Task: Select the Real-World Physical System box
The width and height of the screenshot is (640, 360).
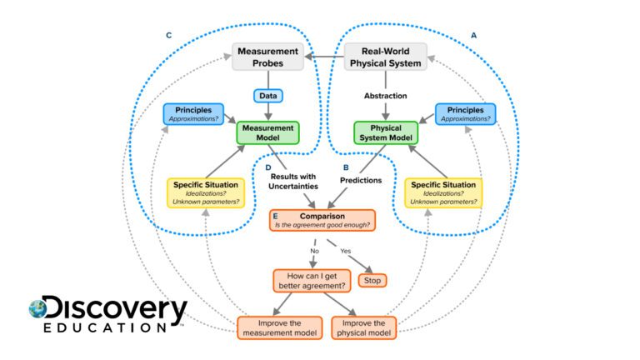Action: pyautogui.click(x=385, y=57)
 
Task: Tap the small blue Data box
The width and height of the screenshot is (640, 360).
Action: pyautogui.click(x=267, y=96)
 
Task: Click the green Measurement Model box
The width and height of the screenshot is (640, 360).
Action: pyautogui.click(x=267, y=132)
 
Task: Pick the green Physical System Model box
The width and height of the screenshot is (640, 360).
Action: pyautogui.click(x=385, y=132)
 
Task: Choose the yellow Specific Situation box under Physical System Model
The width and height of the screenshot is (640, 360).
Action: pyautogui.click(x=443, y=192)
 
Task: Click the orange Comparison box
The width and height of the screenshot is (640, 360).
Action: pyautogui.click(x=322, y=220)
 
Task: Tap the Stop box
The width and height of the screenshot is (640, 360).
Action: pyautogui.click(x=372, y=280)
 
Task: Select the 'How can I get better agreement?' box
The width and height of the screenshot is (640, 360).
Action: pyautogui.click(x=310, y=280)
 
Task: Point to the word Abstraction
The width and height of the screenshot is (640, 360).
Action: pyautogui.click(x=385, y=96)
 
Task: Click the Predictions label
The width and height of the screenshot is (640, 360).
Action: pyautogui.click(x=360, y=179)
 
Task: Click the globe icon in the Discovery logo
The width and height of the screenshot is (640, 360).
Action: pyautogui.click(x=37, y=309)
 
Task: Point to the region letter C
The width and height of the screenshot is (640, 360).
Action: pyautogui.click(x=169, y=36)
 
